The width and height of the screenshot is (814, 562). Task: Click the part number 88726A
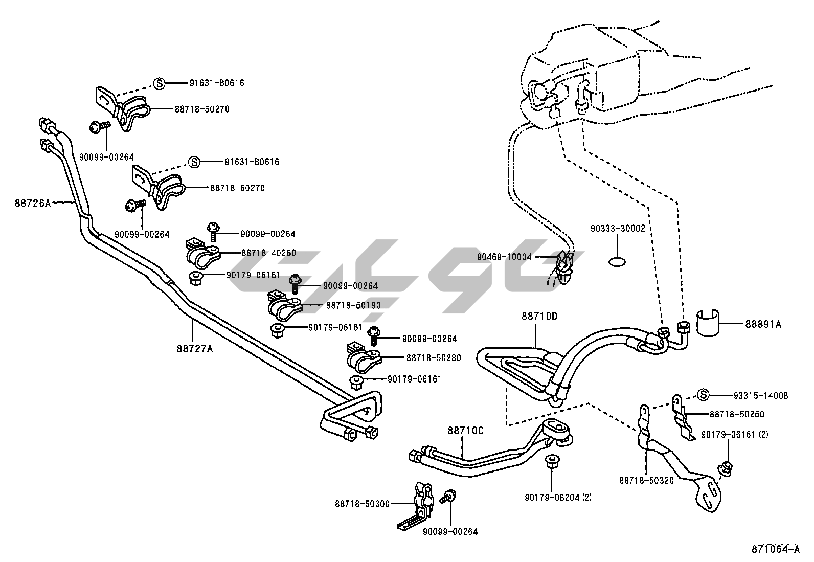coord(33,203)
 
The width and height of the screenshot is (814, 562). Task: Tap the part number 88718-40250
coord(268,253)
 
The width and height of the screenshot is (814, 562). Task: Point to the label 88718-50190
coord(353,305)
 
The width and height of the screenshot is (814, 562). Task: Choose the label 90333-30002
coord(618,228)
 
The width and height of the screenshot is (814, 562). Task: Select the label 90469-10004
coord(504,257)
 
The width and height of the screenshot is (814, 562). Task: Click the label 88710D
coord(539,317)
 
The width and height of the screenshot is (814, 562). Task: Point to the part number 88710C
coord(465,431)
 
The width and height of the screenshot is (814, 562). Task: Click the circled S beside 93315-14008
coord(704,395)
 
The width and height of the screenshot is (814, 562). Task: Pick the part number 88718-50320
coord(646,480)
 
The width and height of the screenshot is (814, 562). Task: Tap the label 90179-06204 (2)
coord(558,497)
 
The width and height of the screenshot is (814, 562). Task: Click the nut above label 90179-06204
coord(551,460)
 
